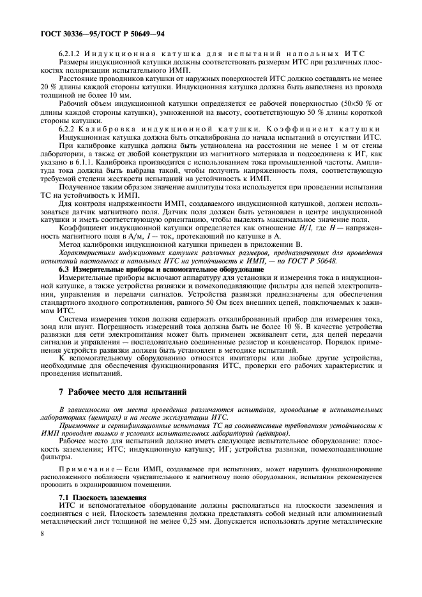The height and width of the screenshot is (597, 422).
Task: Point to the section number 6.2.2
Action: [x=66, y=129]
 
